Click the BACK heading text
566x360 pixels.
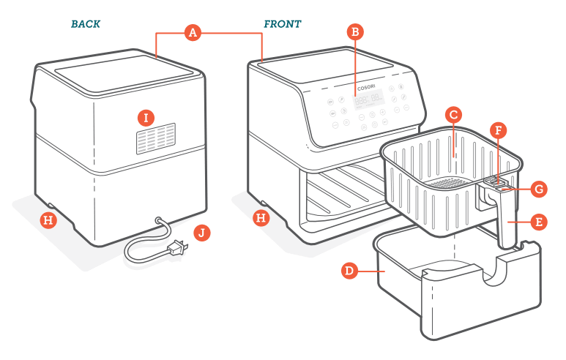[86, 24]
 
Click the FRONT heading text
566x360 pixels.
[282, 24]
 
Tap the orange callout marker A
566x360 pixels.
[193, 32]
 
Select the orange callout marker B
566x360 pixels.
[355, 31]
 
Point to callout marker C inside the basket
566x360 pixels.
[453, 115]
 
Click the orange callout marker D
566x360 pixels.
[351, 271]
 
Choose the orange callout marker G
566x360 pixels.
[538, 189]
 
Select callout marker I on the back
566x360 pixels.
[147, 117]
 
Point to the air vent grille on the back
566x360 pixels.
[154, 140]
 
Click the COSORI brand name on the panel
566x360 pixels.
[367, 87]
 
